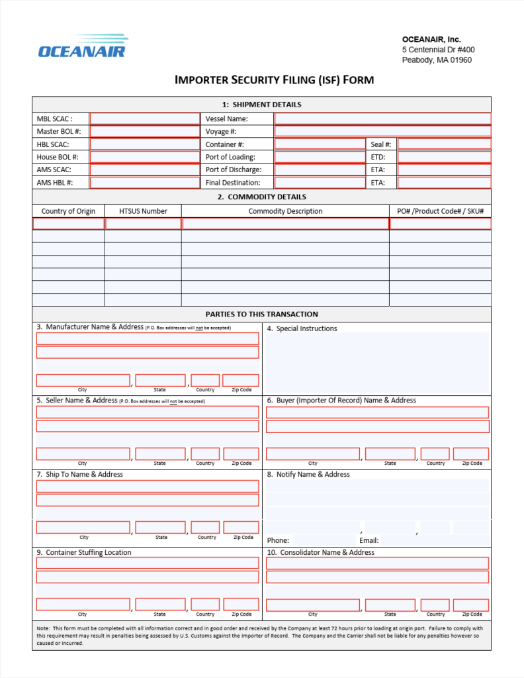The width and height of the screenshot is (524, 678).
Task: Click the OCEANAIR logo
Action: pyautogui.click(x=82, y=46)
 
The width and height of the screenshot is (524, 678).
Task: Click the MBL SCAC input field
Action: pyautogui.click(x=144, y=119)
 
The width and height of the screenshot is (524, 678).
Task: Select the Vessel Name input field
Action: pyautogui.click(x=382, y=119)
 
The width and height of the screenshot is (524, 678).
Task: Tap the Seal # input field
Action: pyautogui.click(x=444, y=144)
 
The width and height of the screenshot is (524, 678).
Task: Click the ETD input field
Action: pyautogui.click(x=444, y=157)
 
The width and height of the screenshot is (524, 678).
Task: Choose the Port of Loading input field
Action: pyautogui.click(x=319, y=157)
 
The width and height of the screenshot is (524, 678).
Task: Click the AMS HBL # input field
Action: pyautogui.click(x=144, y=183)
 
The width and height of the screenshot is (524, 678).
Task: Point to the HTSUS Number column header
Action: pyautogui.click(x=143, y=211)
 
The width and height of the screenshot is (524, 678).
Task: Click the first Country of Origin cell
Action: pyautogui.click(x=68, y=224)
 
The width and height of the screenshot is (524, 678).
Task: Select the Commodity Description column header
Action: pyautogui.click(x=285, y=211)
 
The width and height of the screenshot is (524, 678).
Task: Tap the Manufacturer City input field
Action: pyautogui.click(x=83, y=380)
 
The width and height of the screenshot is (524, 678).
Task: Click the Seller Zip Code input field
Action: pyautogui.click(x=241, y=454)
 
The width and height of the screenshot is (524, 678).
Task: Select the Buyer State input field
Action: pyautogui.click(x=390, y=454)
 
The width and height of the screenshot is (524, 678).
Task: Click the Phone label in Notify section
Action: pyautogui.click(x=278, y=540)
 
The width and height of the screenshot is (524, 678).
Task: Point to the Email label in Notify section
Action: pyautogui.click(x=369, y=540)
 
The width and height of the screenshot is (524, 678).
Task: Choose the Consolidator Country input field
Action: pyautogui.click(x=435, y=605)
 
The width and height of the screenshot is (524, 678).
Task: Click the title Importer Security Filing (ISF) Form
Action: pyautogui.click(x=274, y=80)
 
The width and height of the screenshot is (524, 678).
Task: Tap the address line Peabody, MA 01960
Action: pyautogui.click(x=437, y=60)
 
